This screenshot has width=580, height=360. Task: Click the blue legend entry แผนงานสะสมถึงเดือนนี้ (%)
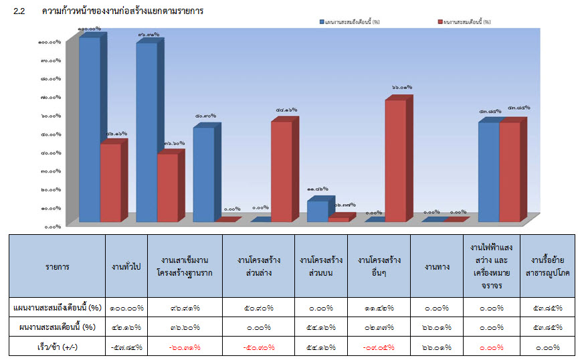point(351,21)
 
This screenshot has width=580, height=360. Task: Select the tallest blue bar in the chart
point(90,127)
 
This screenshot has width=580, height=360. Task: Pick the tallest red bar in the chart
point(395,161)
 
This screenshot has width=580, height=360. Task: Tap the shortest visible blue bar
point(318,211)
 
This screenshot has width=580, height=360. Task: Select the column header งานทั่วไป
point(126,266)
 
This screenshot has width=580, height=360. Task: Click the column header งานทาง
point(436,266)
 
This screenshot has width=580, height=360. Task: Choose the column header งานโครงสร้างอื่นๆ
point(379,266)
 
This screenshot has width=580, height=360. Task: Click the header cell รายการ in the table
point(57,266)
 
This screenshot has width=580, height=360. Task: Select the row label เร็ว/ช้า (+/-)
point(57,347)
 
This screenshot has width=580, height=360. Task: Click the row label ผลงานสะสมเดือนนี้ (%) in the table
point(57,327)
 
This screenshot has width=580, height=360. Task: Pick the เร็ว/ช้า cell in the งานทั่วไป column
point(126,347)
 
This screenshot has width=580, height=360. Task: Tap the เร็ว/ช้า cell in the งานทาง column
point(436,347)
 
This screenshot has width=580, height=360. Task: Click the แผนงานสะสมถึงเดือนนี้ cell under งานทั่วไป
point(126,308)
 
